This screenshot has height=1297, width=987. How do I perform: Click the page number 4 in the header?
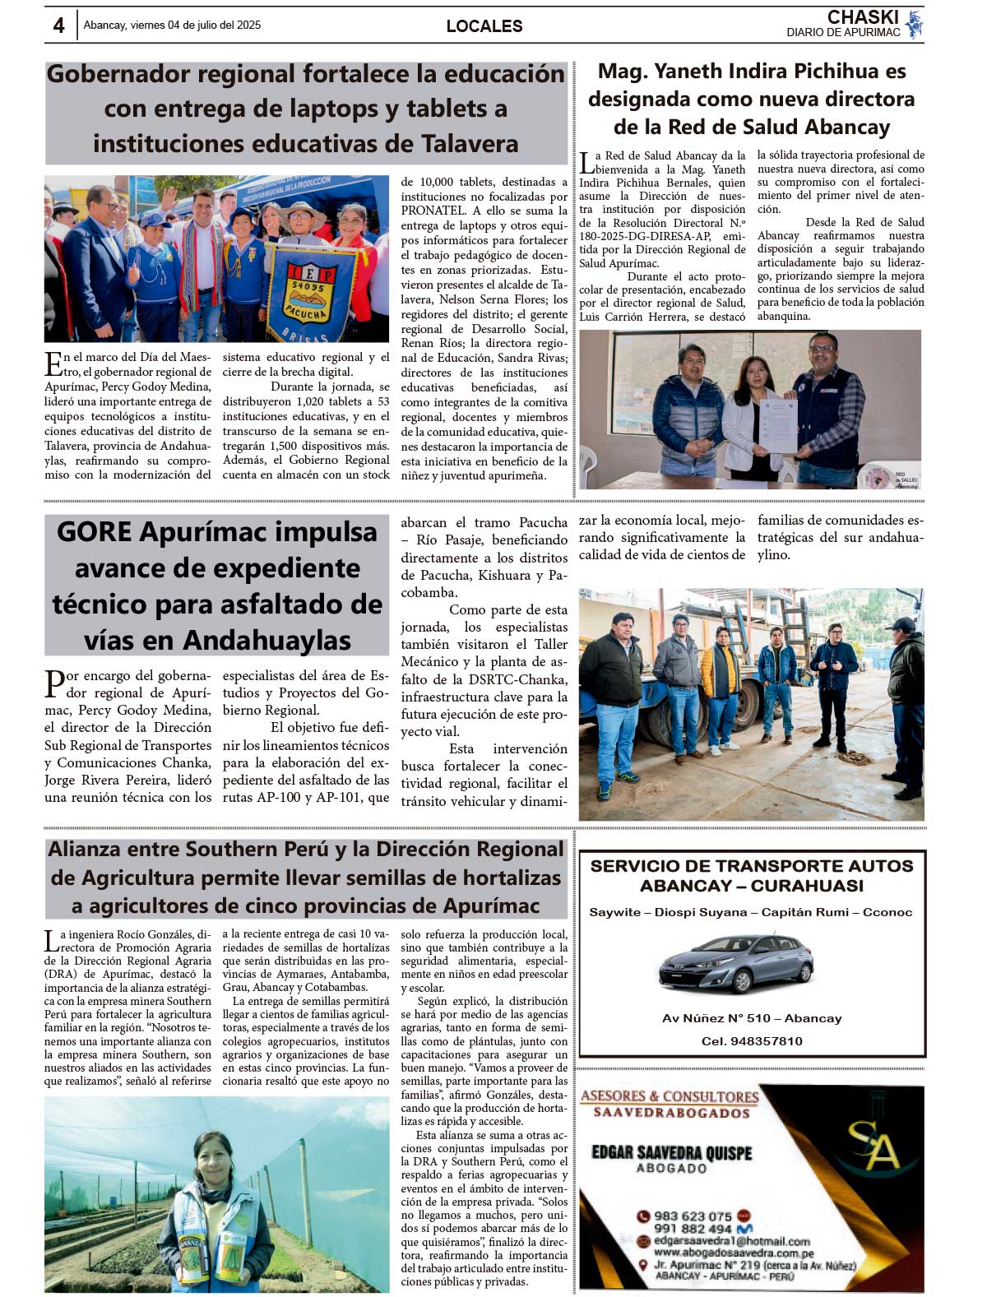click(x=58, y=25)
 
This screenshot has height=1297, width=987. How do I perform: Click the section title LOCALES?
click(x=484, y=26)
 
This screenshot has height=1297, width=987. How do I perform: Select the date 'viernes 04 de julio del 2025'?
click(x=202, y=25)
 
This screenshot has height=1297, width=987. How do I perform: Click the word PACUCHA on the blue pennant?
click(x=307, y=313)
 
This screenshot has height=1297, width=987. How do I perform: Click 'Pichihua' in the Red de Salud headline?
click(x=830, y=72)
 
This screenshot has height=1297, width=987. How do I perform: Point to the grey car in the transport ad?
click(x=736, y=963)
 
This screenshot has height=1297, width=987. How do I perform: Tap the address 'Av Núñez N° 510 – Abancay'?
click(x=752, y=1018)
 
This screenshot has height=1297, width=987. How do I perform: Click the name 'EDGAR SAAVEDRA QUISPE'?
click(x=671, y=1153)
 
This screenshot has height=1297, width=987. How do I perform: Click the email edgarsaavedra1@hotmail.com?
click(x=731, y=1241)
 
